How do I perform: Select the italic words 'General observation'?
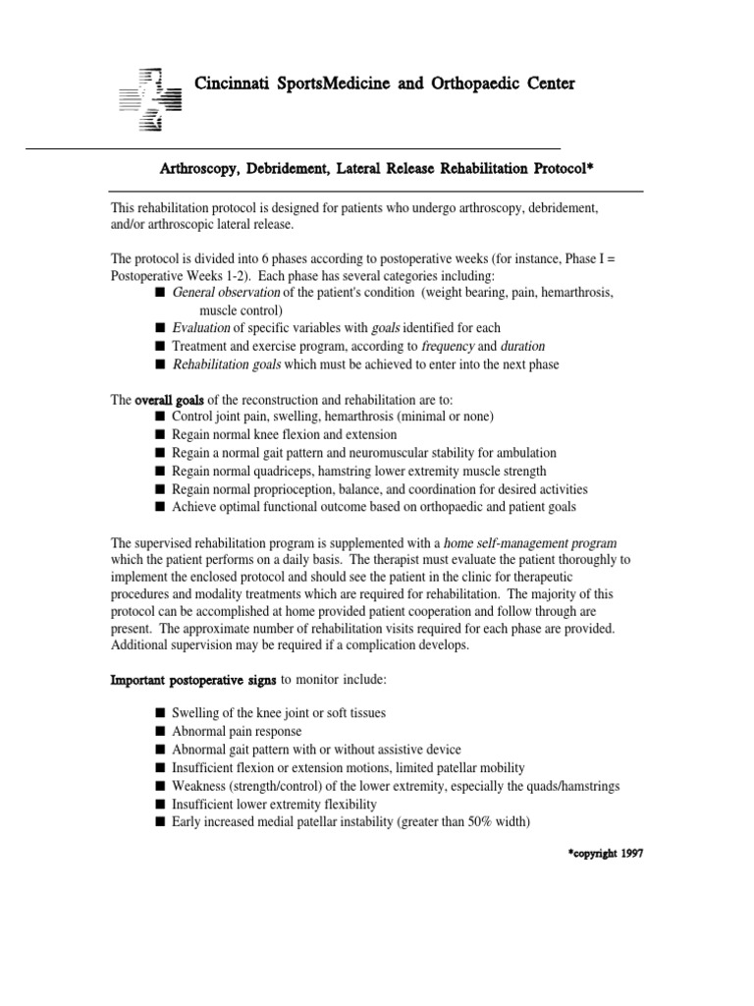pyautogui.click(x=226, y=293)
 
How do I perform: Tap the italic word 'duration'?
pyautogui.click(x=522, y=346)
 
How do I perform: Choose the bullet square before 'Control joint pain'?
pyautogui.click(x=159, y=417)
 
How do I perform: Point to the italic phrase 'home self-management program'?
pyautogui.click(x=530, y=542)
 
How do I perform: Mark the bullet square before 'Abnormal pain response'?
pyautogui.click(x=159, y=731)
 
